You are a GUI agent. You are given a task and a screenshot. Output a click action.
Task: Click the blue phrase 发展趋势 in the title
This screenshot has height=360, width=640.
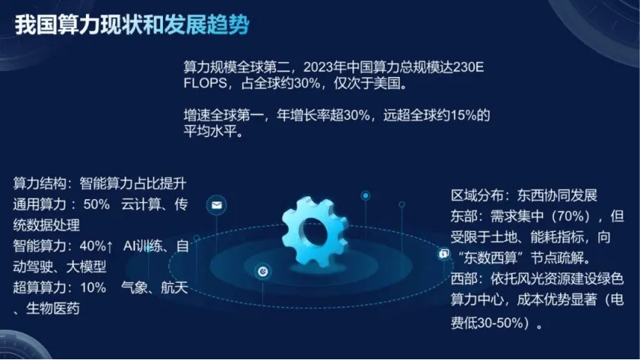207,25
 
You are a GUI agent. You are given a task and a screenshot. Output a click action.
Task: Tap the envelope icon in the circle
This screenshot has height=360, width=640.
216,205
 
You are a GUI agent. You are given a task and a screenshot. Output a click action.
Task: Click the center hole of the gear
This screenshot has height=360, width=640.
313,230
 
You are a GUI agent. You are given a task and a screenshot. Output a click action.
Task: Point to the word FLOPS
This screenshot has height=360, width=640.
205,83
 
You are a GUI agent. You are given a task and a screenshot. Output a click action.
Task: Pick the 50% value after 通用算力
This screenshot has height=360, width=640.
96,204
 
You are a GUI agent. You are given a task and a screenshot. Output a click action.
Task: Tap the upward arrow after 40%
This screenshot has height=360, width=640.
110,246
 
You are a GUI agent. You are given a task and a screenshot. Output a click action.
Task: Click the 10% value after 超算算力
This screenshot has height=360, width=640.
93,287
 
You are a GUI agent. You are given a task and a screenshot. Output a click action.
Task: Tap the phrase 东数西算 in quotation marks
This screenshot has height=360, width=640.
490,258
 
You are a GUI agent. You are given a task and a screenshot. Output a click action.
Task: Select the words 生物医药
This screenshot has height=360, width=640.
53,309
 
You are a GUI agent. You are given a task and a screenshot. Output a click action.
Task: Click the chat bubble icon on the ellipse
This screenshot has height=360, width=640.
444,254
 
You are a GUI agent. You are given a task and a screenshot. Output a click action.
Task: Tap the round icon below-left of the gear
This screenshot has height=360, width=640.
263,271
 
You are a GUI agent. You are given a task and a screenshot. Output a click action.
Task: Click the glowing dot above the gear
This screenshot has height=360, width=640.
366,196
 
